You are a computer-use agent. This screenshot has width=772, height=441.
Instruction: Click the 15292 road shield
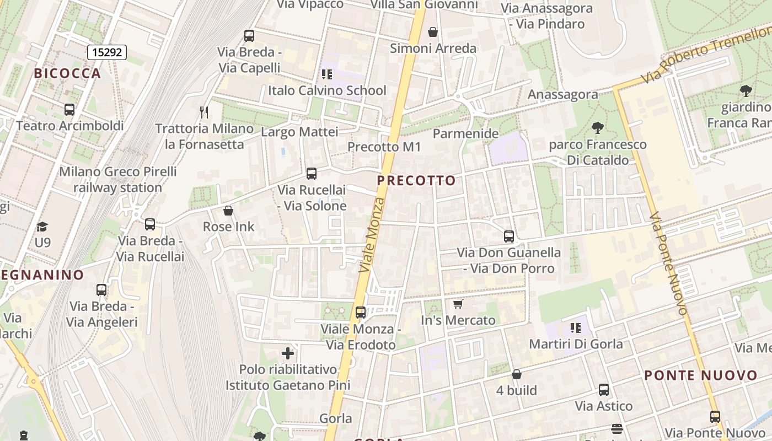tap(107, 52)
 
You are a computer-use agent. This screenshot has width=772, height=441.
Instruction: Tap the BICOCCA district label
tap(68, 73)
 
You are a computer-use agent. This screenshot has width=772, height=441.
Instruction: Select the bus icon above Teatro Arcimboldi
tap(69, 109)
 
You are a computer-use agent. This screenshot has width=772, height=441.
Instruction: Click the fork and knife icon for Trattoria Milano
tap(205, 112)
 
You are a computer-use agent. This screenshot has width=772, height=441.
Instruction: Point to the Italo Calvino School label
tap(327, 90)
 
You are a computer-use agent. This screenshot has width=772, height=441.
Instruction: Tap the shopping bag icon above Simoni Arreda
tap(433, 32)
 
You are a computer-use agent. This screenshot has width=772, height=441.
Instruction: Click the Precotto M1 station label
tap(384, 147)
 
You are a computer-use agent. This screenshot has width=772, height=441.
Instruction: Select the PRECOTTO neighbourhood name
tap(417, 180)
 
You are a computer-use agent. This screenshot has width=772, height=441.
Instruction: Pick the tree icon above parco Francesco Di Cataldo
tap(597, 128)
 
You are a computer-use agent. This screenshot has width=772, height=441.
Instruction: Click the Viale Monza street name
tap(371, 234)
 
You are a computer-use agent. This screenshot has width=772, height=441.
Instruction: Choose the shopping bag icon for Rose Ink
tap(228, 211)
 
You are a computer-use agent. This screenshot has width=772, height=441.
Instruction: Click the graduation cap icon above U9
tap(42, 227)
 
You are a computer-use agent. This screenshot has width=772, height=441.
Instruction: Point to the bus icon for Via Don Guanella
tap(509, 236)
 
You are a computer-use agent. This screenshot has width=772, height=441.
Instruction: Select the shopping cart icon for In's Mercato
tap(458, 304)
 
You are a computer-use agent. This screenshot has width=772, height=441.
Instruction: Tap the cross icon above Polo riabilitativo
tap(288, 353)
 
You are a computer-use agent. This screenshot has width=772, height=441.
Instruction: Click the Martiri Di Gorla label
tap(576, 344)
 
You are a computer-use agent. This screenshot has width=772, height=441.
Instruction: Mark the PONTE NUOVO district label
tap(701, 376)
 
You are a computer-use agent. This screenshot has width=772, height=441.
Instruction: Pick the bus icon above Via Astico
tap(604, 390)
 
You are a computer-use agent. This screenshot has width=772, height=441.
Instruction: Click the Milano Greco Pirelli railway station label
tap(118, 179)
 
